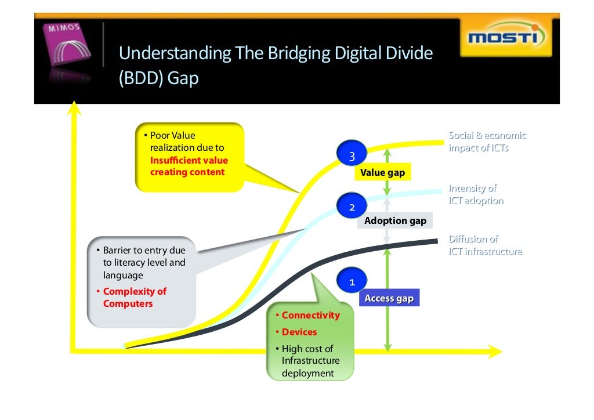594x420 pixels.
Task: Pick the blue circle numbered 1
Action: pyautogui.click(x=352, y=282)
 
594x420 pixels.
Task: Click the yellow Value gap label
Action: pyautogui.click(x=382, y=172)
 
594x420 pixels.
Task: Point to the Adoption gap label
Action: pyautogui.click(x=395, y=220)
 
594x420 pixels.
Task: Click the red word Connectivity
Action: pyautogui.click(x=310, y=315)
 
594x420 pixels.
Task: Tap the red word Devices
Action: pyautogui.click(x=299, y=332)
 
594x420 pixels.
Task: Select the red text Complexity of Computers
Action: pyautogui.click(x=135, y=298)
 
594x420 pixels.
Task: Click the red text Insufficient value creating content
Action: pyautogui.click(x=189, y=166)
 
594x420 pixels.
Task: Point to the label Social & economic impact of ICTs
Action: pyautogui.click(x=487, y=142)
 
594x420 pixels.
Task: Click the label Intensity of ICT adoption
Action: pyautogui.click(x=476, y=194)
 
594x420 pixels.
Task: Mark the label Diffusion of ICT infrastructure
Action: pyautogui.click(x=485, y=245)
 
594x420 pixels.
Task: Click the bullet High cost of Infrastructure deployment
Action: pyautogui.click(x=310, y=361)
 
